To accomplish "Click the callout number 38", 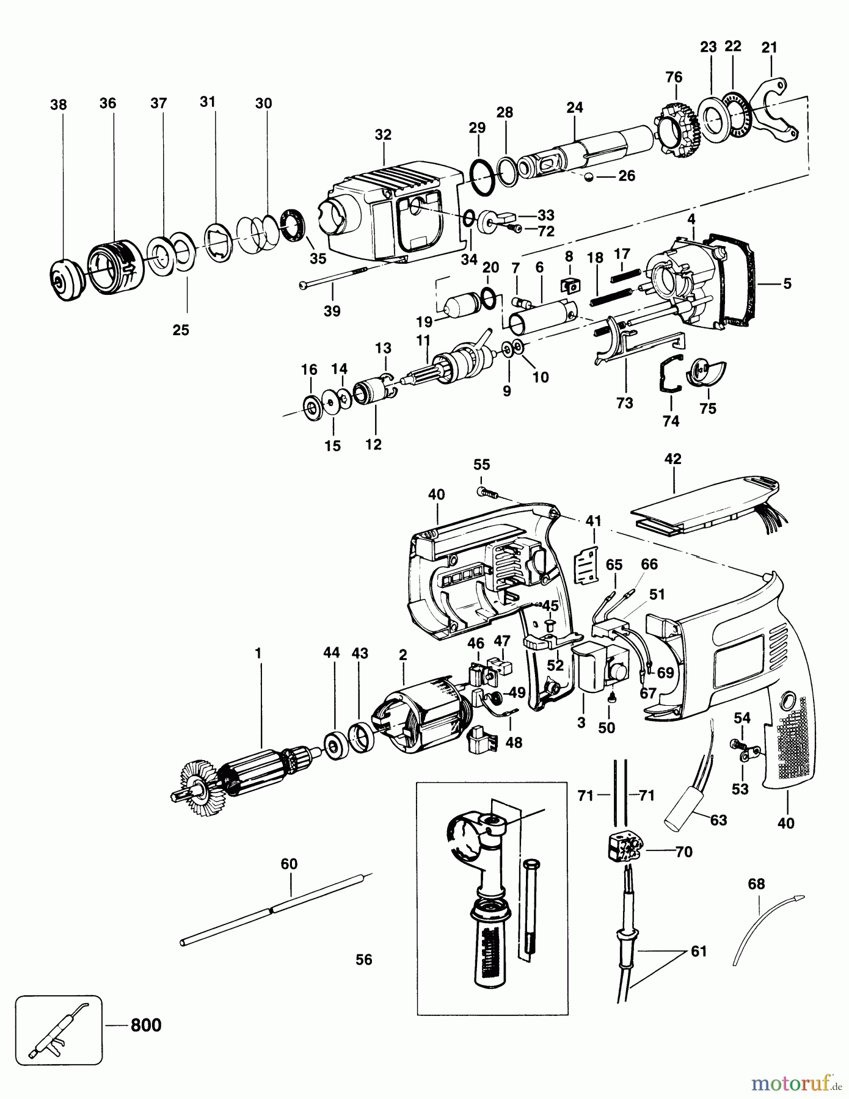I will click(x=58, y=105).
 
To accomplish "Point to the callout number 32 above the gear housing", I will click(x=383, y=135).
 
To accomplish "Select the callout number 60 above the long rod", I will click(x=289, y=864).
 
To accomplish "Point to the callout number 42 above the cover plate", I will click(x=672, y=459).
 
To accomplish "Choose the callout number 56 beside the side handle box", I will click(x=363, y=960).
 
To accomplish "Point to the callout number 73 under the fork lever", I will click(x=624, y=404).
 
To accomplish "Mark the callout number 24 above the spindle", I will click(x=574, y=108).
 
